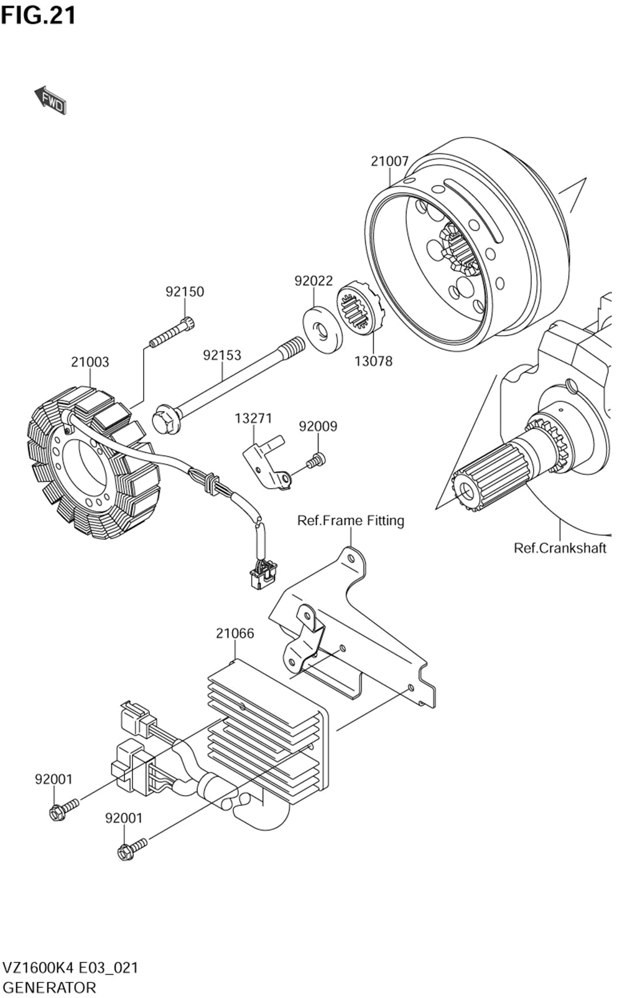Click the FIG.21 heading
38,15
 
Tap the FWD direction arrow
50,101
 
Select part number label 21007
389,161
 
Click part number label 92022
313,281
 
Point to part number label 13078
373,361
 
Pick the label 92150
185,291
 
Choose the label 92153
222,355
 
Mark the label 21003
90,362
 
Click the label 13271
253,418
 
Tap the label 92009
318,426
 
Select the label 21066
235,633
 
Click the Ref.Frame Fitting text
351,520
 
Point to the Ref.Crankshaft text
560,548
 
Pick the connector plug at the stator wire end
262,573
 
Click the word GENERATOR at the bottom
50,987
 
